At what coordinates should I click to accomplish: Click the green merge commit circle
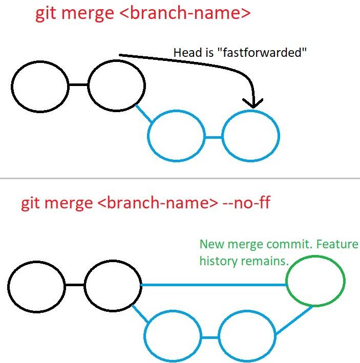[x=286, y=281]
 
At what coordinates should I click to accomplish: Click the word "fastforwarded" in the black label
[x=262, y=52]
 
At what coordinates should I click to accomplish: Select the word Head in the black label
[x=188, y=52]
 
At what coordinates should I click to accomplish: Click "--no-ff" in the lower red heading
[x=246, y=203]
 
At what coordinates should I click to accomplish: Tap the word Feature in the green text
[x=337, y=244]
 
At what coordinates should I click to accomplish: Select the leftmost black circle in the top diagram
[x=12, y=87]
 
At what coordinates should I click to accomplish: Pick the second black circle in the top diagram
[x=88, y=85]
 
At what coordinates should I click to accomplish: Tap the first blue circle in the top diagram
[x=147, y=136]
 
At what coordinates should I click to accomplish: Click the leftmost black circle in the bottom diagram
[x=8, y=287]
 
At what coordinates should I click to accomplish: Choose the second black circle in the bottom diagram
[x=84, y=286]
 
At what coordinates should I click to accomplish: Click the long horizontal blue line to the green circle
[x=214, y=285]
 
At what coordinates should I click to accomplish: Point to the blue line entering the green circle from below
[x=294, y=320]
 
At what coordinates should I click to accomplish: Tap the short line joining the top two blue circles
[x=214, y=138]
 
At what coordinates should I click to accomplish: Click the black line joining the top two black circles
[x=78, y=85]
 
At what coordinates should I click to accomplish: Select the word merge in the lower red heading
[x=70, y=203]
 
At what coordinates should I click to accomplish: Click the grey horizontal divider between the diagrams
[x=180, y=178]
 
